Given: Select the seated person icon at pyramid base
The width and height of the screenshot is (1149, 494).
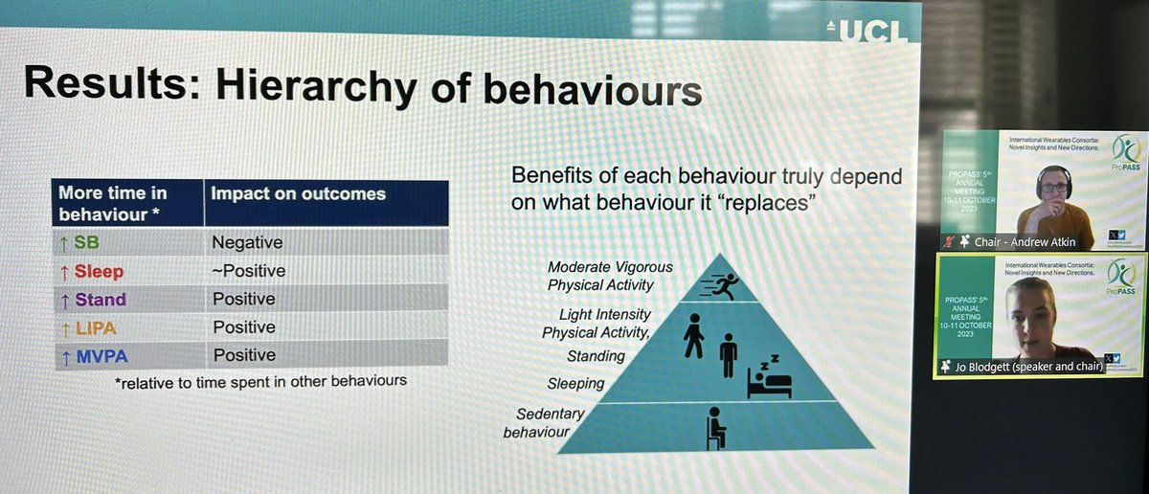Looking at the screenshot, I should [714, 427].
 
